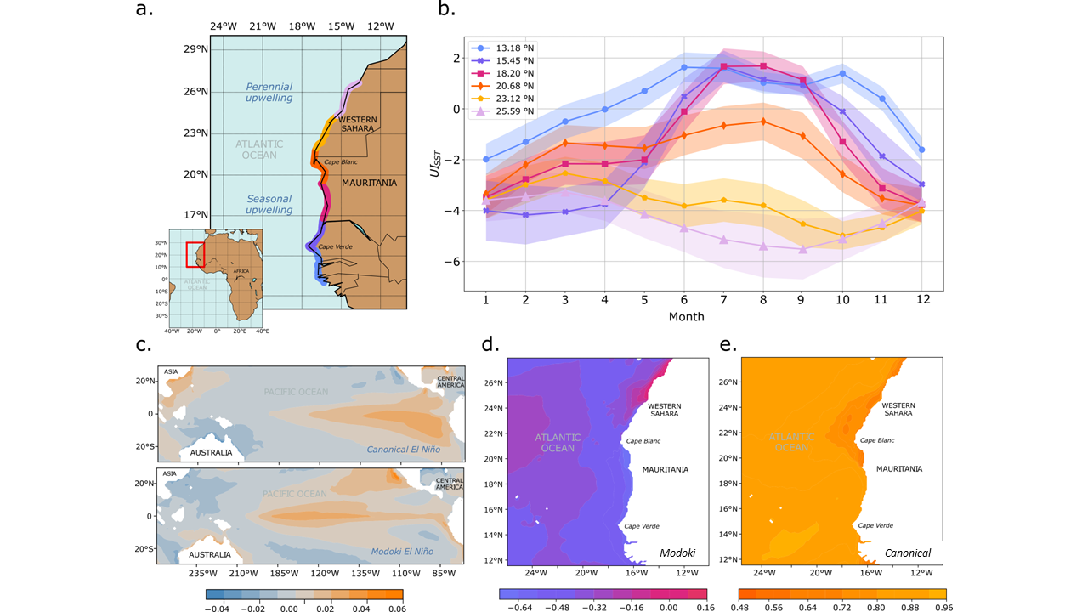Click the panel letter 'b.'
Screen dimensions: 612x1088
(x=447, y=10)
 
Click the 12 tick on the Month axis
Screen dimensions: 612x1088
(x=921, y=300)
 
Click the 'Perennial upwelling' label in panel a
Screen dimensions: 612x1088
(x=269, y=93)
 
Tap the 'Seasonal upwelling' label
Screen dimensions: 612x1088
(x=269, y=204)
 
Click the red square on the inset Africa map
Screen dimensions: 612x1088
(x=195, y=254)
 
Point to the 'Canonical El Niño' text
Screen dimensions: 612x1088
(x=404, y=449)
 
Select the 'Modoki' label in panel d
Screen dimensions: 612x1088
(x=678, y=553)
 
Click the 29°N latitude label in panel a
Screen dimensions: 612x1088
(x=196, y=49)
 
